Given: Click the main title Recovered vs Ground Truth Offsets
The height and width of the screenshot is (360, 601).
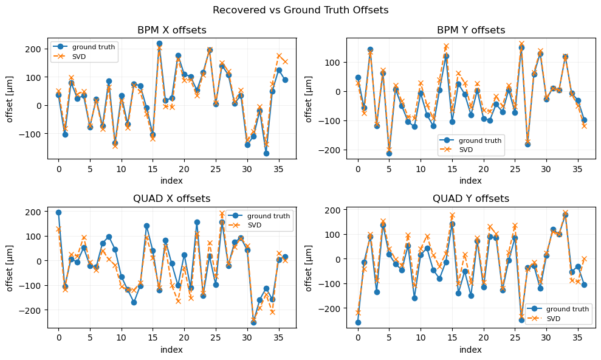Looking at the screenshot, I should pos(300,10).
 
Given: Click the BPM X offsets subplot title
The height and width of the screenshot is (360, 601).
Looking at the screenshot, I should pos(172,30).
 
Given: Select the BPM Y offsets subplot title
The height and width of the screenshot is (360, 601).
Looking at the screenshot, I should pos(471,30).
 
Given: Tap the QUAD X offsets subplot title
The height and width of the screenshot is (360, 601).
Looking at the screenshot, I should pos(172,199).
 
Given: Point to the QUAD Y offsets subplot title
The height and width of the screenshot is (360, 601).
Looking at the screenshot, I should pos(471,199).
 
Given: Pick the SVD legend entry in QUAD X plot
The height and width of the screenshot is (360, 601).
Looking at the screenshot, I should pos(271,225).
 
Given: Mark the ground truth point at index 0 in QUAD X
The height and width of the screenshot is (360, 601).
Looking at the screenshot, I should pos(58,212).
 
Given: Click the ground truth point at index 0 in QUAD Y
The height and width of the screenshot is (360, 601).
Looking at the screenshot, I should pos(358,322).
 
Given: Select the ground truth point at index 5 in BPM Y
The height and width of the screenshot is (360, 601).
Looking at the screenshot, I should pos(389,153).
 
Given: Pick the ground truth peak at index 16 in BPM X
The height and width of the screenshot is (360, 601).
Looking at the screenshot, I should pos(159,43).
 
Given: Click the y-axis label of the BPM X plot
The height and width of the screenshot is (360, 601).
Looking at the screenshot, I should pos(10,98).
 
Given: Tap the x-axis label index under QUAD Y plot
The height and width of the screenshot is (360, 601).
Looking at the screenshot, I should pos(471,350).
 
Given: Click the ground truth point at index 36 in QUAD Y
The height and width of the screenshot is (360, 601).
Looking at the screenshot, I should pos(584,285).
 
